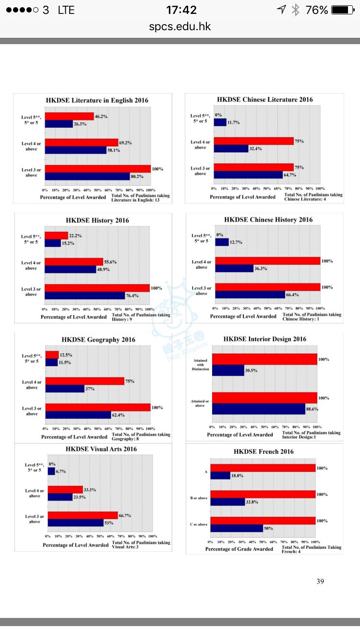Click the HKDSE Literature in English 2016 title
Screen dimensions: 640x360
pyautogui.click(x=97, y=100)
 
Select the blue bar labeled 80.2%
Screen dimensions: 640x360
pyautogui.click(x=87, y=176)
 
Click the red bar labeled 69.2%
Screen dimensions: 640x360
pyautogui.click(x=81, y=142)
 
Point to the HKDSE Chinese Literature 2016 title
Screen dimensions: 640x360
pyautogui.click(x=264, y=100)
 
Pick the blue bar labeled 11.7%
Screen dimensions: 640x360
pyautogui.click(x=220, y=122)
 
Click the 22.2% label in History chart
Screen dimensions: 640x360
pyautogui.click(x=75, y=235)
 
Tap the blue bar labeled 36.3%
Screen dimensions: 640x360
pyautogui.click(x=234, y=269)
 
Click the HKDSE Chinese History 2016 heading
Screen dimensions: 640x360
pyautogui.click(x=268, y=220)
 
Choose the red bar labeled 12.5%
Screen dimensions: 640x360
pyautogui.click(x=52, y=355)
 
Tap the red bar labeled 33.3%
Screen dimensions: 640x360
pyautogui.click(x=65, y=489)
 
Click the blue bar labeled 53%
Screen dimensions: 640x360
pyautogui.click(x=75, y=522)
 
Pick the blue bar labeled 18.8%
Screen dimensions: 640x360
pyautogui.click(x=220, y=475)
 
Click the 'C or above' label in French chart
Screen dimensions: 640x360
pyautogui.click(x=198, y=524)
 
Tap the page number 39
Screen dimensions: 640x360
pyautogui.click(x=320, y=581)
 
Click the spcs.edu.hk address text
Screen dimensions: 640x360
pyautogui.click(x=180, y=26)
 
